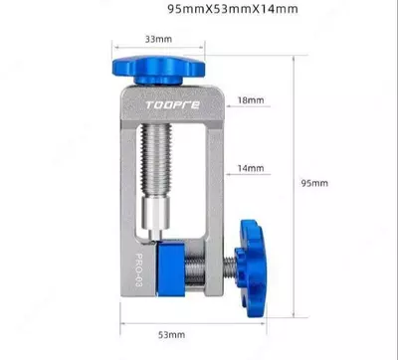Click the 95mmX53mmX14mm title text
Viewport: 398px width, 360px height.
[x=233, y=9]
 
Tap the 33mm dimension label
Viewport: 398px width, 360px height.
[x=158, y=39]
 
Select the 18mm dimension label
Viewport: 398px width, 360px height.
[x=251, y=100]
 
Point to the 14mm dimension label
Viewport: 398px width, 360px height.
[x=251, y=168]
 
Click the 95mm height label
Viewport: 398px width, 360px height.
[x=314, y=183]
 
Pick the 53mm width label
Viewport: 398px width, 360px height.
[x=171, y=335]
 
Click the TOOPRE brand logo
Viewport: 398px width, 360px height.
[x=173, y=105]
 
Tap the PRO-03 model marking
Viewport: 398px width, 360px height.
[x=139, y=270]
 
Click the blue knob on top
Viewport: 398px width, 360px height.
[x=158, y=70]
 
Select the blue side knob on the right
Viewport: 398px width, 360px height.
[x=251, y=268]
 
